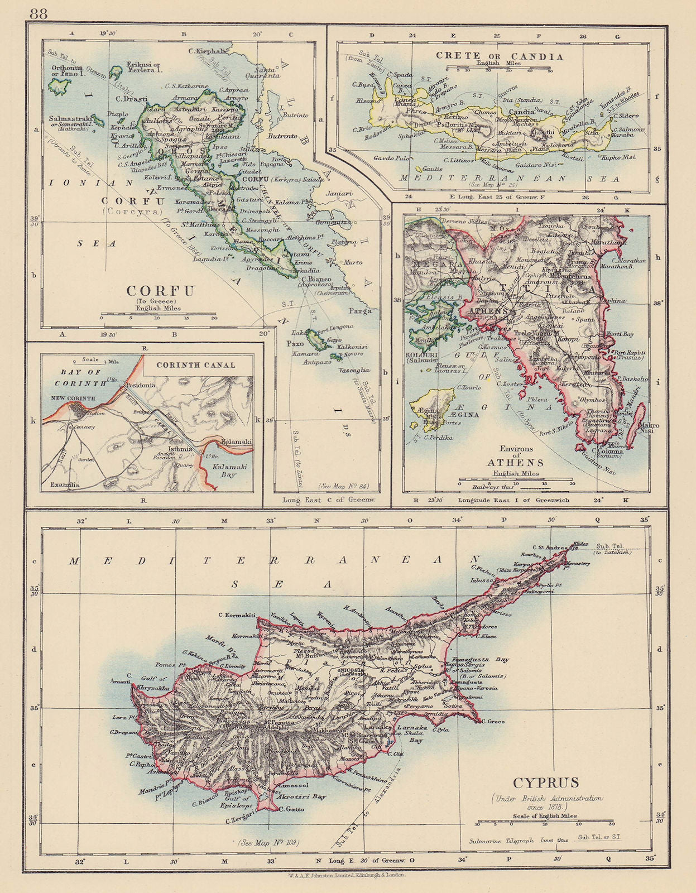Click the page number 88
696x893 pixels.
click(39, 13)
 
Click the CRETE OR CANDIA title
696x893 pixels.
click(500, 56)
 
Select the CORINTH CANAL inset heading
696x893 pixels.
click(195, 365)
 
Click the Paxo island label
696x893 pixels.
click(295, 344)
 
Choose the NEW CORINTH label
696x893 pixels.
click(73, 398)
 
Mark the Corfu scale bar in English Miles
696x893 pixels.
click(157, 314)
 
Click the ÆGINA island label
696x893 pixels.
click(464, 415)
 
